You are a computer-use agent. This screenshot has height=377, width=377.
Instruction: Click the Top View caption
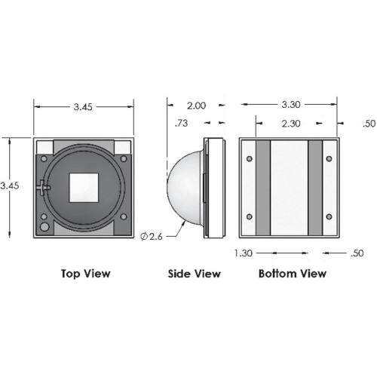[x=86, y=274]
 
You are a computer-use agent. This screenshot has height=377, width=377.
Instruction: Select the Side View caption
[x=195, y=274]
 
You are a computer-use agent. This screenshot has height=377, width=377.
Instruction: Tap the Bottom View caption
[x=293, y=274]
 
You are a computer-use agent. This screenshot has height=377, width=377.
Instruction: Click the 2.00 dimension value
[x=196, y=106]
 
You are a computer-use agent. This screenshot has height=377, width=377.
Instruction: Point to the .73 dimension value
[x=181, y=123]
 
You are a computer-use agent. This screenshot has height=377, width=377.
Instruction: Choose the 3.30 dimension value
[x=291, y=105]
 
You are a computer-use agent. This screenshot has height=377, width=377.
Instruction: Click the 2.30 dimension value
[x=291, y=124]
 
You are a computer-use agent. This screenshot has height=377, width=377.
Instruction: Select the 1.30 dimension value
[x=244, y=253]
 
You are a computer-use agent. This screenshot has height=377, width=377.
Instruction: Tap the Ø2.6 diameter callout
[x=152, y=237]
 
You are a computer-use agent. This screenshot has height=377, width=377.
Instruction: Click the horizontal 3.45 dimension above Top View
[x=83, y=107]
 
